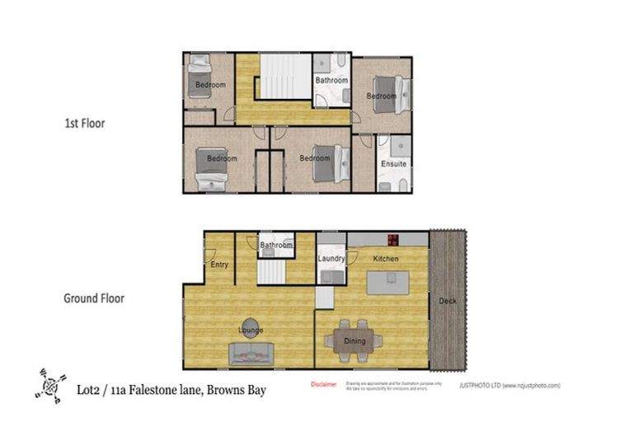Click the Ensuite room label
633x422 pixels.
point(393,164)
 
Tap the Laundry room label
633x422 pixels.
point(331,259)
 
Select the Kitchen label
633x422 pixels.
point(386,259)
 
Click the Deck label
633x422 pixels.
point(447,301)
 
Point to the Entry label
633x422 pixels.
point(219,265)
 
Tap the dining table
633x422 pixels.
point(354,340)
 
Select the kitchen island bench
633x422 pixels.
point(386,284)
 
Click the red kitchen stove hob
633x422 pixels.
point(393,240)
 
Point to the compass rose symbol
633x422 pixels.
point(52,386)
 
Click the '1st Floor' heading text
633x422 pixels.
point(84,124)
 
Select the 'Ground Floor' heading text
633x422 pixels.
point(94,298)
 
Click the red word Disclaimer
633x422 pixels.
point(323,385)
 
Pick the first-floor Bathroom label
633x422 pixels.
point(331,81)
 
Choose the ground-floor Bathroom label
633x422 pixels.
point(276,246)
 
